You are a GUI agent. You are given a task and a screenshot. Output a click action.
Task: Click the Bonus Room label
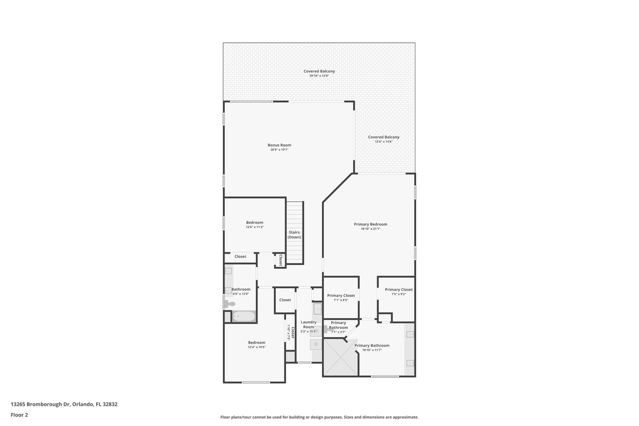click(x=279, y=145)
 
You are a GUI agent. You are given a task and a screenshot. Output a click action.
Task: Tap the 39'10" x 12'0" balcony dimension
click(x=319, y=76)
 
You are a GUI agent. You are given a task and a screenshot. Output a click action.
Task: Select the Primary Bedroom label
click(x=370, y=224)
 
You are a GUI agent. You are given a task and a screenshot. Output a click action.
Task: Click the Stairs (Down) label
click(x=294, y=235)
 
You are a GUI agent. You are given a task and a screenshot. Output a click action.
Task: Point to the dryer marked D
click(x=316, y=345)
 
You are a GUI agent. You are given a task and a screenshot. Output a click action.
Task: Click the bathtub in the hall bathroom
click(x=244, y=316)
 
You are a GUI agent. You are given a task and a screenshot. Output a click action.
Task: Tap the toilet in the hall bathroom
click(x=230, y=303)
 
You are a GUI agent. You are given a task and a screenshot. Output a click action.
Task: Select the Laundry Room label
click(x=308, y=325)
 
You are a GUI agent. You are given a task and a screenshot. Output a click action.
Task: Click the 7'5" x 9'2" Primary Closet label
click(x=398, y=290)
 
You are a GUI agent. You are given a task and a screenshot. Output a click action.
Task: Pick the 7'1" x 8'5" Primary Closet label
click(x=341, y=296)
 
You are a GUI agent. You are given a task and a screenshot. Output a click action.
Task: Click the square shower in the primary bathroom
click(x=340, y=357)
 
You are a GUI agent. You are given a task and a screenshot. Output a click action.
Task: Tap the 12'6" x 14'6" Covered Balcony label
click(x=383, y=137)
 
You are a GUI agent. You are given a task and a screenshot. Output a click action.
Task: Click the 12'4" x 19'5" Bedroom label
click(x=257, y=343)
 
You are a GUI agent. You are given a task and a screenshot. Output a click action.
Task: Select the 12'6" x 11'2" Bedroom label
click(x=255, y=223)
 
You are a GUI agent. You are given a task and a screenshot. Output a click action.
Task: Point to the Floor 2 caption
click(x=19, y=415)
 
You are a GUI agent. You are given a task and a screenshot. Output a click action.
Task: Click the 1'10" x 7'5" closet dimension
click(x=289, y=332)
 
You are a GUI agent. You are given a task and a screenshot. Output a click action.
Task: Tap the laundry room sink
click(x=317, y=309)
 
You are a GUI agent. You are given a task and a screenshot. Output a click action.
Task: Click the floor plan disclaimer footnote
click(x=319, y=417)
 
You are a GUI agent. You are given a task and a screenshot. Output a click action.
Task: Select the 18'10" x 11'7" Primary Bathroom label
click(x=372, y=345)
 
